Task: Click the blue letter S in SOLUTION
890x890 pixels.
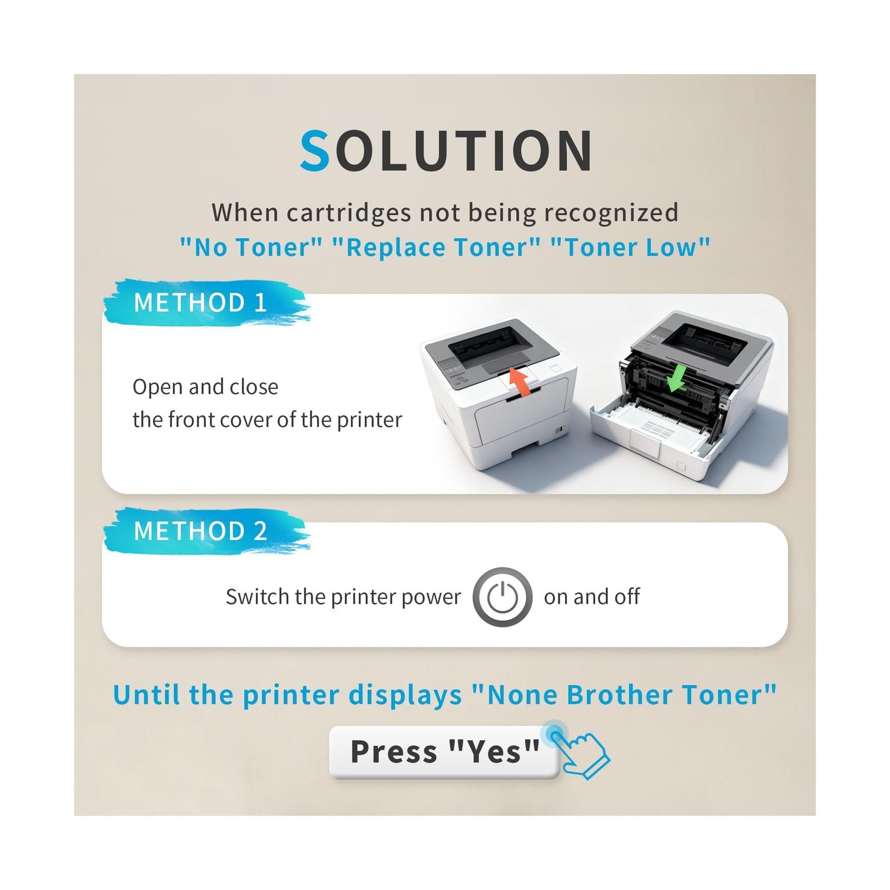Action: (x=315, y=150)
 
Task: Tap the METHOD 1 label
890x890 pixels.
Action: (x=200, y=303)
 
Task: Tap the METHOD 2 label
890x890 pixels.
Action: (x=200, y=531)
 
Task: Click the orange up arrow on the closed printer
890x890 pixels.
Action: (x=519, y=382)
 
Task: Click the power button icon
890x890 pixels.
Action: (x=502, y=597)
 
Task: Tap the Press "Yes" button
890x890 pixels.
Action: (x=444, y=752)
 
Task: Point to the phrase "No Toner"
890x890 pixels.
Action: (x=251, y=247)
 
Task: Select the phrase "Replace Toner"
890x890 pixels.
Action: (x=436, y=247)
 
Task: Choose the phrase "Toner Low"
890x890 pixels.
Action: (x=630, y=247)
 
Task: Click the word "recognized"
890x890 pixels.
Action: (x=611, y=212)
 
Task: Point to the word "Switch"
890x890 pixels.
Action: (x=257, y=597)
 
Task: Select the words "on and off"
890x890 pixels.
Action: (x=592, y=597)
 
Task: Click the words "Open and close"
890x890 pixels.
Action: (x=205, y=387)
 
